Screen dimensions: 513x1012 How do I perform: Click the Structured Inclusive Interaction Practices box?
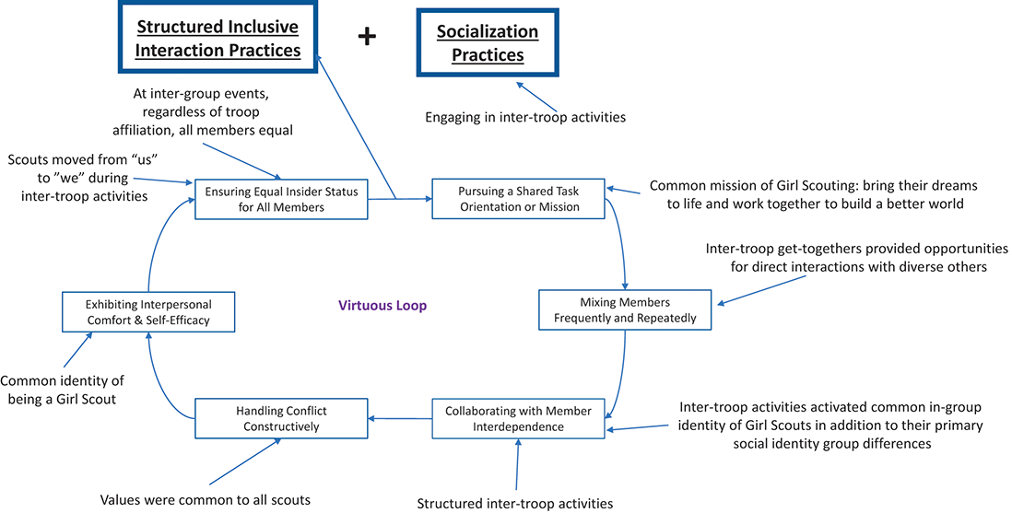[218, 38]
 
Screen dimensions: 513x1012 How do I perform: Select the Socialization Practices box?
[488, 42]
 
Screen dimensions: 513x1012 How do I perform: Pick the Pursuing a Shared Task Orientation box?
[518, 198]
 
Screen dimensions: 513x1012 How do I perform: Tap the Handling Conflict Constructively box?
[281, 419]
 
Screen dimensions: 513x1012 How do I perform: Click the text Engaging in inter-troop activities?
[525, 117]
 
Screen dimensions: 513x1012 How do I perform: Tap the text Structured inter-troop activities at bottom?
[514, 503]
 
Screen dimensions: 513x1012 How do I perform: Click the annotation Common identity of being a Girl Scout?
[63, 390]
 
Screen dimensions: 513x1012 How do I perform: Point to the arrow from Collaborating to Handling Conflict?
[400, 419]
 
